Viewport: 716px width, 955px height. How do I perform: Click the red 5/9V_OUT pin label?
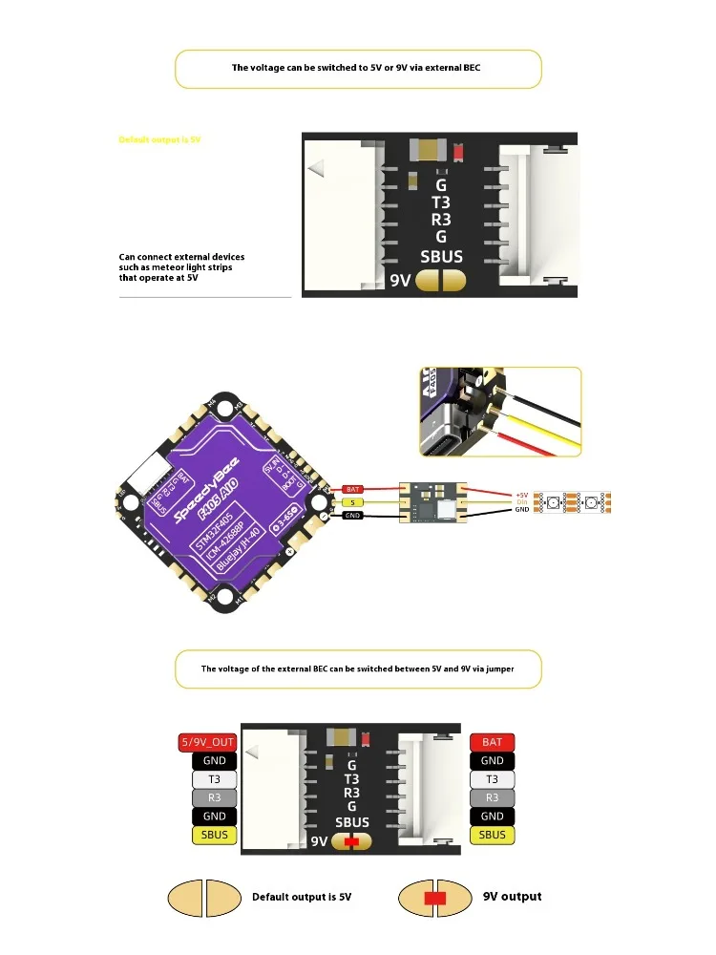pos(208,742)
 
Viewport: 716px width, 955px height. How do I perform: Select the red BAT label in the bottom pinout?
pos(492,742)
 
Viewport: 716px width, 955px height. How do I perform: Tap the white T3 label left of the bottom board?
pos(215,779)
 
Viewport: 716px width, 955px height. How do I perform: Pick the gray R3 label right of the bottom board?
pos(492,797)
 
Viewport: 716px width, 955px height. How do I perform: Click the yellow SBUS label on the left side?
pos(215,835)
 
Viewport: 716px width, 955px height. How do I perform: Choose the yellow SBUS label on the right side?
pos(492,835)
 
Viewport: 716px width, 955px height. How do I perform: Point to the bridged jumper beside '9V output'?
pos(435,898)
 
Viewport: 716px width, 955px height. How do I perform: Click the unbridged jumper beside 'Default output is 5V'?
pos(204,898)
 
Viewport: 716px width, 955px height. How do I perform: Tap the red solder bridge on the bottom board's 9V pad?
pos(352,842)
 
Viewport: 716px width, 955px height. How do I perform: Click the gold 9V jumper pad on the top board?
pos(440,281)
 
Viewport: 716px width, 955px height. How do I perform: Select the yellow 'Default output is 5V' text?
pos(159,139)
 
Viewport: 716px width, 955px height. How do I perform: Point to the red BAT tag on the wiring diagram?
pos(353,489)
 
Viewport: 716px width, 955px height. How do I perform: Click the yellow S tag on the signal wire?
pos(353,502)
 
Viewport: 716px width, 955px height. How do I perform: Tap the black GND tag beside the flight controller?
pos(353,516)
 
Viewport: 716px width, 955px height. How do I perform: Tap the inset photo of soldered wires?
pos(499,411)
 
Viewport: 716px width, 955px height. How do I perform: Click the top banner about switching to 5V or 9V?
pos(358,69)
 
